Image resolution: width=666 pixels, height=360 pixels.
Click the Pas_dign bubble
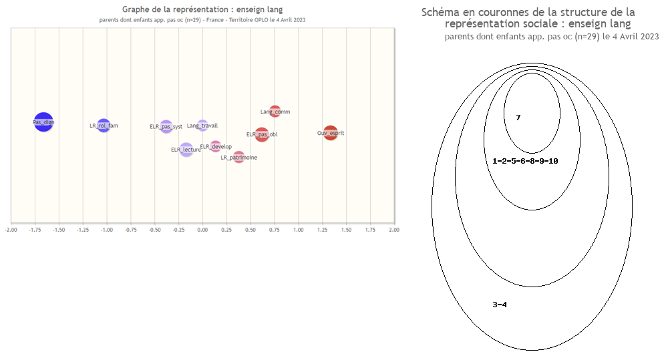[x=43, y=122]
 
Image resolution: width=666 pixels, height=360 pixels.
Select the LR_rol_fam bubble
[x=104, y=125]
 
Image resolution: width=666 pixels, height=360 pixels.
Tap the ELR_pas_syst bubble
[x=166, y=126]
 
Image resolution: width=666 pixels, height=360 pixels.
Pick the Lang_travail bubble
[x=202, y=125]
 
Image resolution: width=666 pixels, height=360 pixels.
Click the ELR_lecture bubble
[x=186, y=150]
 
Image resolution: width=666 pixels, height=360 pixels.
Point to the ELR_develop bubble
[x=215, y=146]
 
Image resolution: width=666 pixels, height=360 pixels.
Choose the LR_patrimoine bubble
[x=238, y=157]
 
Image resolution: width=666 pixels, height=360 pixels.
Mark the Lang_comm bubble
[x=275, y=112]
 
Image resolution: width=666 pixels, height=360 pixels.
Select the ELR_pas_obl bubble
[x=262, y=134]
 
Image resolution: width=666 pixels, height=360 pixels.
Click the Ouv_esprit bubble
[x=331, y=133]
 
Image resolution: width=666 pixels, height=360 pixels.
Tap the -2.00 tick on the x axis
[x=11, y=230]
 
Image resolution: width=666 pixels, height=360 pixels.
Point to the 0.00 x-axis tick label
[x=202, y=230]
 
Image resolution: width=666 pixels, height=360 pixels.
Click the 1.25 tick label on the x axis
[x=322, y=230]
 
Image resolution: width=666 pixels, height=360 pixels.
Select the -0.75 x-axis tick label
[x=131, y=230]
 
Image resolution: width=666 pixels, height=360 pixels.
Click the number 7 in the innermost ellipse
[x=518, y=118]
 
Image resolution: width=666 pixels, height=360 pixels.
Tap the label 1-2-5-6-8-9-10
[x=525, y=161]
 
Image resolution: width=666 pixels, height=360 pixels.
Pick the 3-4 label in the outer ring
[x=500, y=305]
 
